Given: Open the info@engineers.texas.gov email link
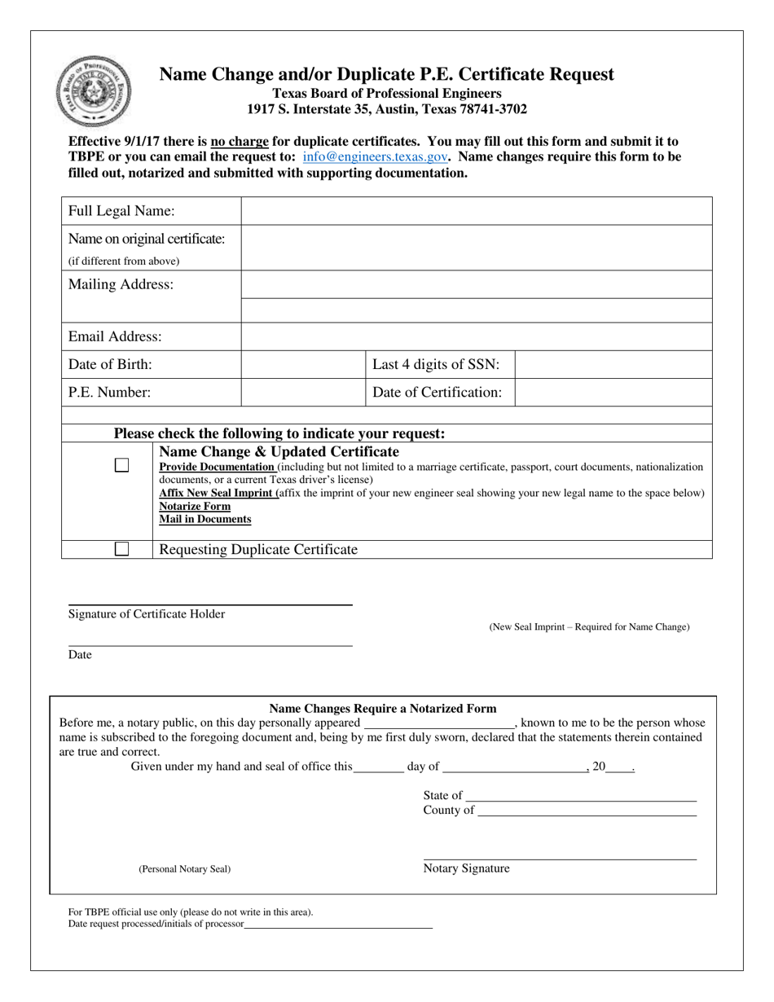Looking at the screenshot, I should point(375,156).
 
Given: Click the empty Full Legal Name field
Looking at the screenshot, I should point(476,211).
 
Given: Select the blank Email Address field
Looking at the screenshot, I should point(476,336).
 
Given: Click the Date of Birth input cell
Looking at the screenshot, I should point(303,364).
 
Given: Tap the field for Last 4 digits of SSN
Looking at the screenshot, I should point(613,364).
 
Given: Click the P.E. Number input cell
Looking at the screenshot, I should point(303,392).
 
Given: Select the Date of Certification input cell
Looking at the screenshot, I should point(613,392).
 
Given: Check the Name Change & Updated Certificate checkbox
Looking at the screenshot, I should point(121,465).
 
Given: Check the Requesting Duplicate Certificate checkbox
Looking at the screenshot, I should point(121,549).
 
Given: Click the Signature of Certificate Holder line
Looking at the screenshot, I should point(210,604).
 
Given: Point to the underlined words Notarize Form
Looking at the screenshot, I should point(195,506).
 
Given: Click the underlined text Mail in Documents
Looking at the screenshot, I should point(204,519).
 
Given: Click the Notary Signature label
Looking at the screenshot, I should point(466,868).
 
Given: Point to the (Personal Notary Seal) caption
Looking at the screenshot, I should point(184,869).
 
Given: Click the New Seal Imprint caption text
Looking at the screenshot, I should point(588,626).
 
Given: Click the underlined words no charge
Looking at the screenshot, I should point(240,141).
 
